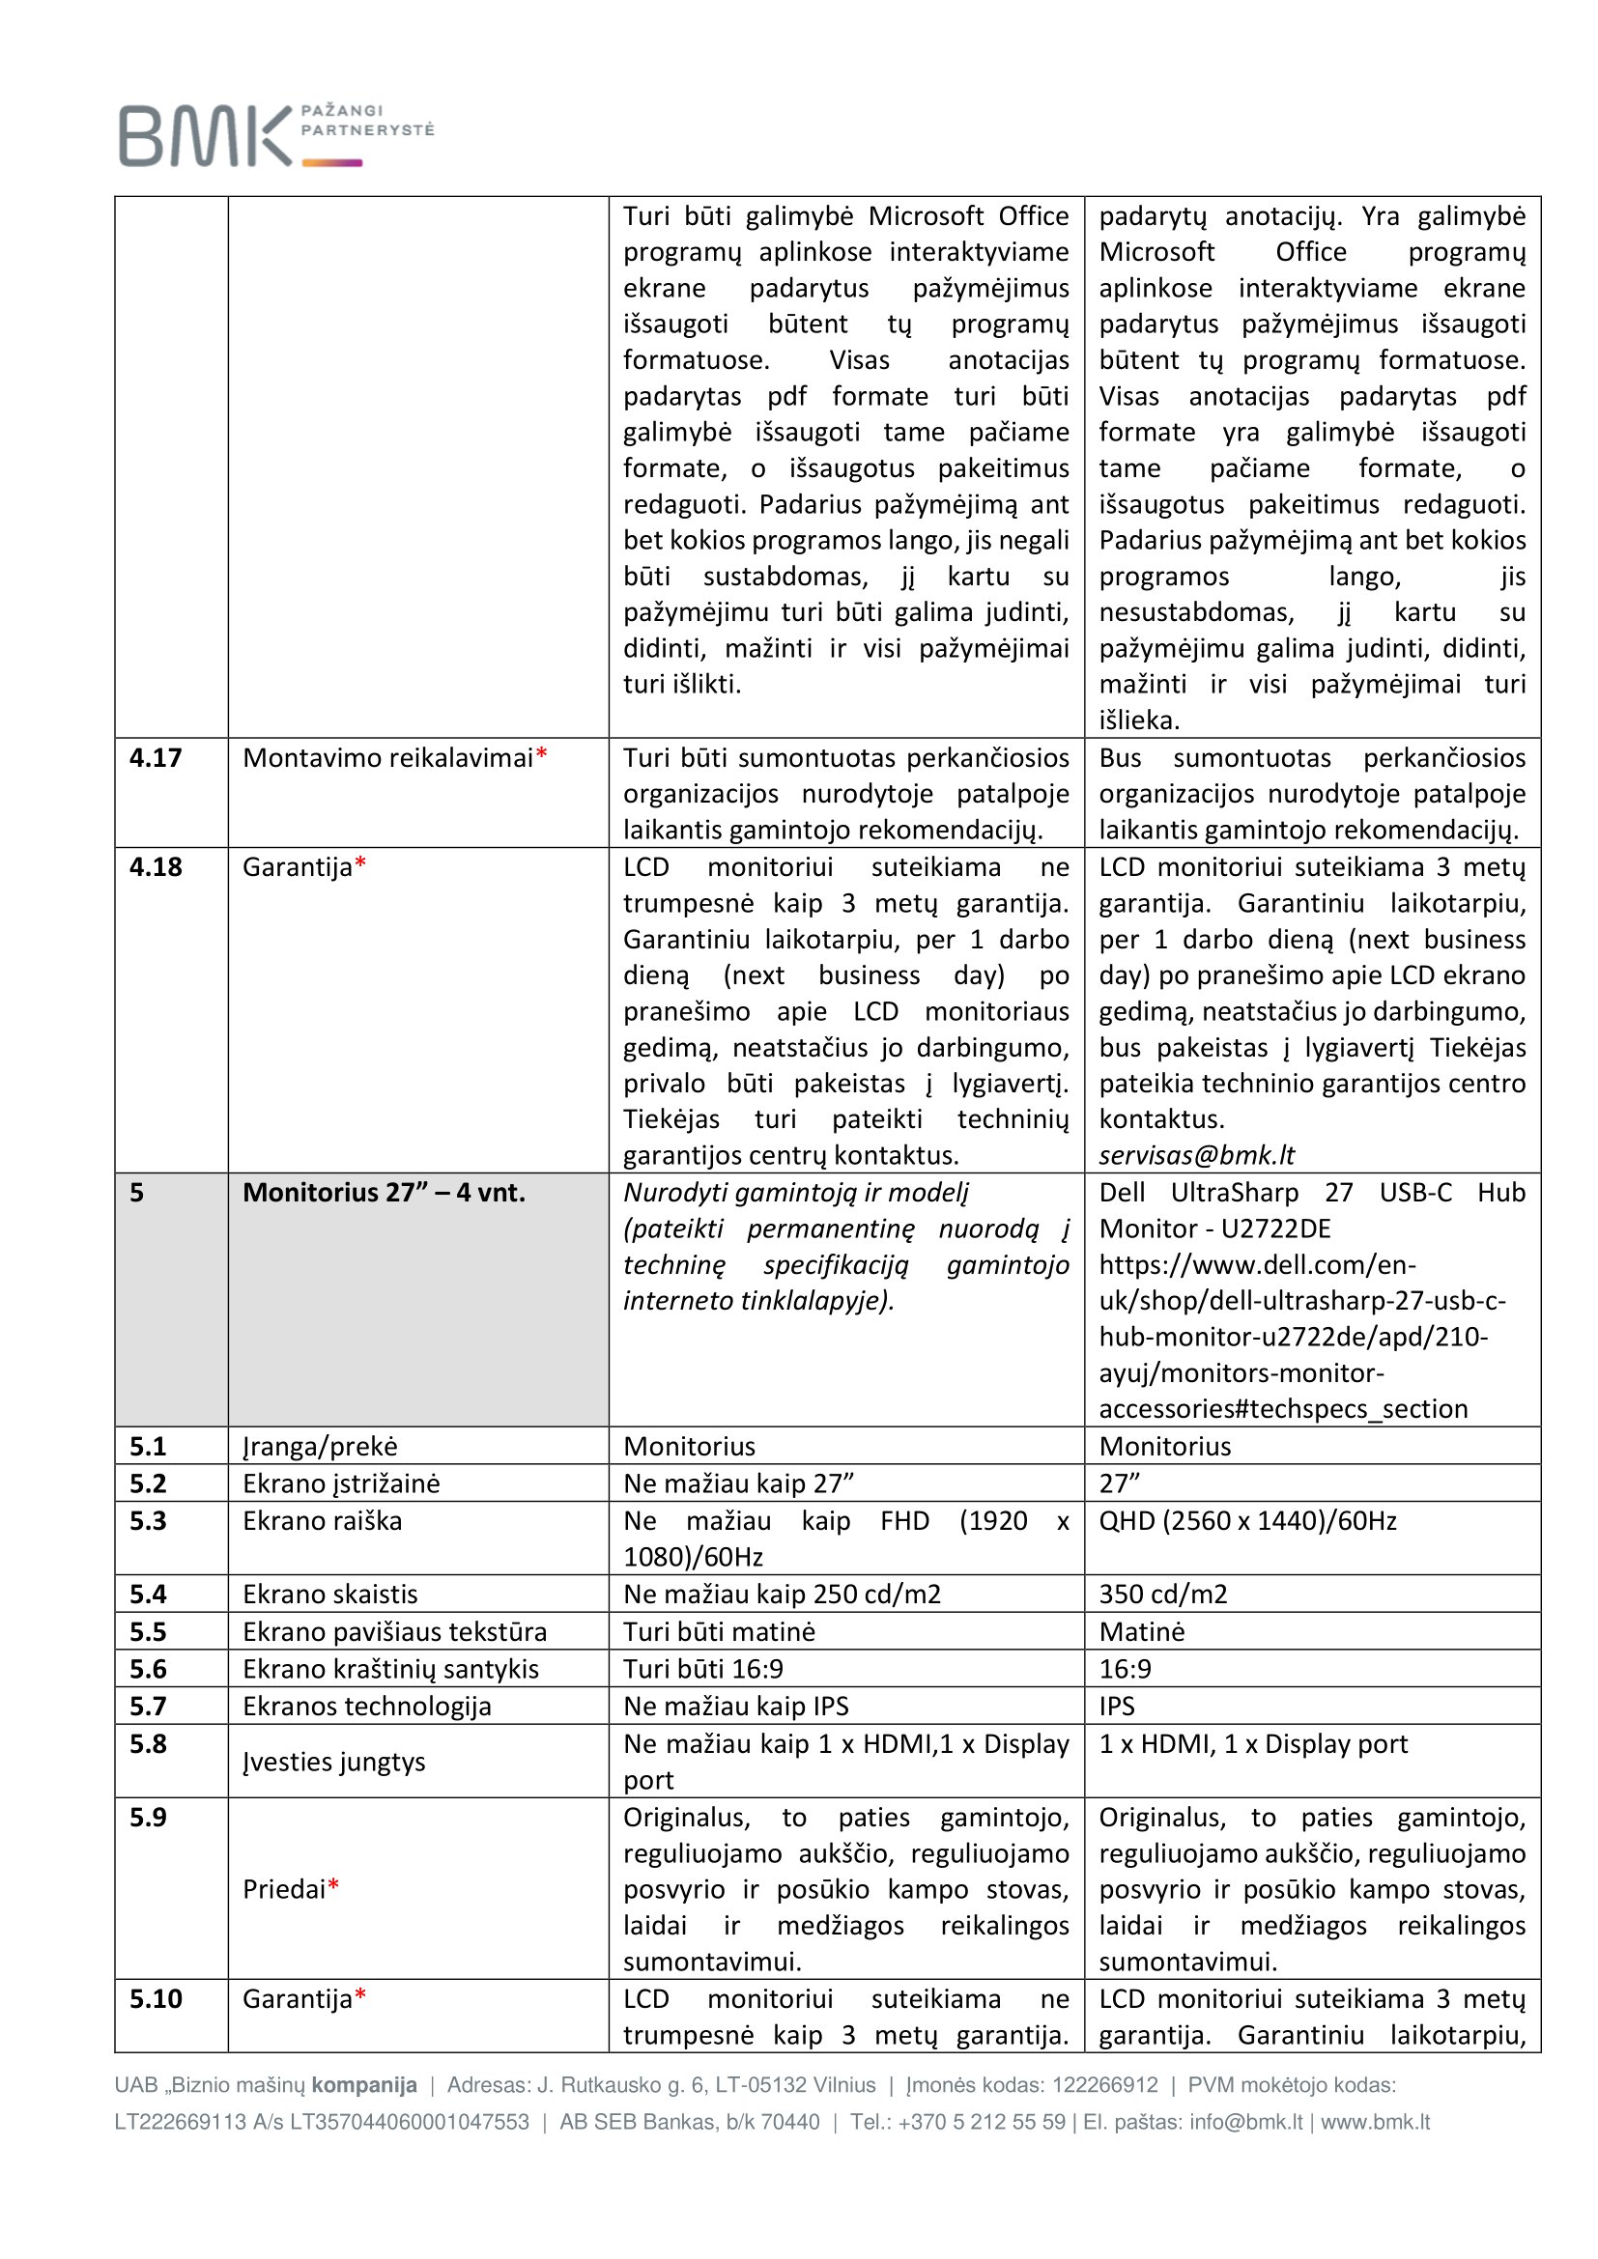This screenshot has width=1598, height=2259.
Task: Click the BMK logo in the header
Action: coord(275,135)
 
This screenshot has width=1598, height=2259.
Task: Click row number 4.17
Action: coord(156,757)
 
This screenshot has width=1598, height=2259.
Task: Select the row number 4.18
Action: coord(156,866)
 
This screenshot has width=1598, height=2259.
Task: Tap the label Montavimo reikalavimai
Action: coord(387,757)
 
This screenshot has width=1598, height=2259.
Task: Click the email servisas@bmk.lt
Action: coord(1195,1155)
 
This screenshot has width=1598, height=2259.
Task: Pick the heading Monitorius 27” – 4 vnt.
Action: coord(384,1193)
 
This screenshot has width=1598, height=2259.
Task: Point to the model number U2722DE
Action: coord(1275,1228)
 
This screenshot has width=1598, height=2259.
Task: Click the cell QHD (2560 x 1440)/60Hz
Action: coord(1246,1521)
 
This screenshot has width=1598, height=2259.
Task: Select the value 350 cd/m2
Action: coord(1163,1594)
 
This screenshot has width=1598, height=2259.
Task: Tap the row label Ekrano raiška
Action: coord(322,1521)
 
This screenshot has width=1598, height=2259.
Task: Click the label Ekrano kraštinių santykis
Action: coord(390,1669)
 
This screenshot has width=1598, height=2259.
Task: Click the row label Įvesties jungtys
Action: coord(333,1762)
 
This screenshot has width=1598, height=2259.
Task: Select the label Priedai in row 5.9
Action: coord(284,1889)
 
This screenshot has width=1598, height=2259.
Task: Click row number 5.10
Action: coord(156,1999)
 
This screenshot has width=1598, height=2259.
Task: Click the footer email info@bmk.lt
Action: coord(1244,2122)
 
